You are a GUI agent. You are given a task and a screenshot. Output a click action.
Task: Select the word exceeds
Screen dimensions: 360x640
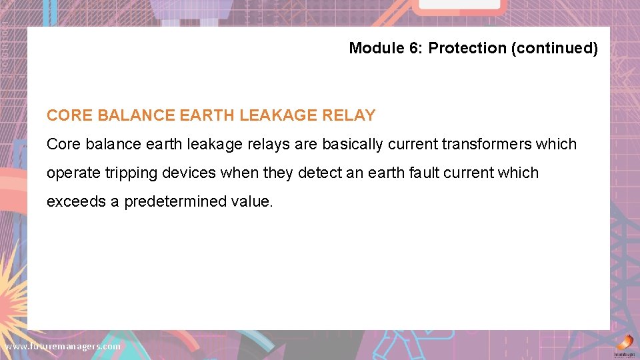coord(76,201)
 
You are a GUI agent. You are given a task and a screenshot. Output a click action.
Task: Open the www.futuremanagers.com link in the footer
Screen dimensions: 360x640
coord(63,347)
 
